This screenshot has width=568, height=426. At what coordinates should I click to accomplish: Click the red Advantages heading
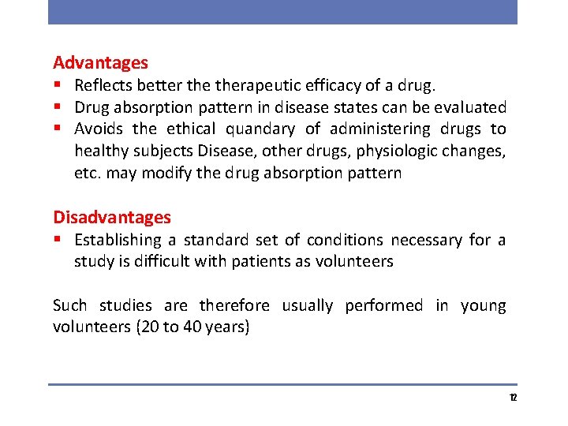coord(100,62)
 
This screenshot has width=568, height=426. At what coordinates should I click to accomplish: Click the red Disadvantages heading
coord(111,217)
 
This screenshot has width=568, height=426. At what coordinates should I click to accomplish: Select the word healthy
coord(99,151)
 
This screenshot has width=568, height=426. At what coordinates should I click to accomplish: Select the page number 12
coord(513,398)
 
